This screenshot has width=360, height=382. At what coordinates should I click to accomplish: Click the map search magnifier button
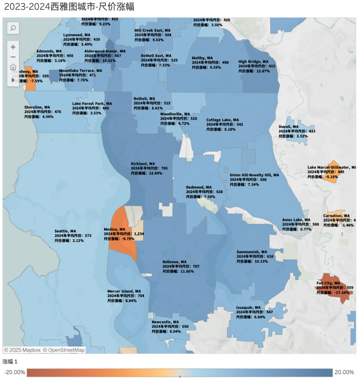coord(13,28)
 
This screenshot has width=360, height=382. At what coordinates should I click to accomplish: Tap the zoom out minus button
coord(13,57)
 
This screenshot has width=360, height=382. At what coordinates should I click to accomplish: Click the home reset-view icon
coord(13,67)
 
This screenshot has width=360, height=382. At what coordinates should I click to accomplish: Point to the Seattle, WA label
coord(65,231)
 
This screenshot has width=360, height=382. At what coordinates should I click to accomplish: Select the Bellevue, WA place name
coord(174,262)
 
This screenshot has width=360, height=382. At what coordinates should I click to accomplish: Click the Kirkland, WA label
coord(143,164)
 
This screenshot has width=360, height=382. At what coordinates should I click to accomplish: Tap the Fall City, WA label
coord(328,283)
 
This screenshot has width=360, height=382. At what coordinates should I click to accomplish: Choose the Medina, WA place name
coord(114,230)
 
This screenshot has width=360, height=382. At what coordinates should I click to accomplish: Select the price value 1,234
coord(139,234)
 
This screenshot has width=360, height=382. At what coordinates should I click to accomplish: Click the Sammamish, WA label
coord(252,252)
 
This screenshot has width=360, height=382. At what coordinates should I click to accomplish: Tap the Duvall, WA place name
coord(288,127)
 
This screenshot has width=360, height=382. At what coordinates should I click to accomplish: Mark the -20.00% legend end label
coord(15,372)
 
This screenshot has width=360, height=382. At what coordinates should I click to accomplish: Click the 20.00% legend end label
coord(344,372)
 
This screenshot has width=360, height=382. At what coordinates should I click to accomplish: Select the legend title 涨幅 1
coord(10,362)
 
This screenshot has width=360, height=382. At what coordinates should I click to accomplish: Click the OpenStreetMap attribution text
coord(66,350)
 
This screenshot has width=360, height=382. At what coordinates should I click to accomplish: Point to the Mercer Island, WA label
coord(124,291)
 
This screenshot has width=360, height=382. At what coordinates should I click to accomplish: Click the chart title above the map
coord(69,7)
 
